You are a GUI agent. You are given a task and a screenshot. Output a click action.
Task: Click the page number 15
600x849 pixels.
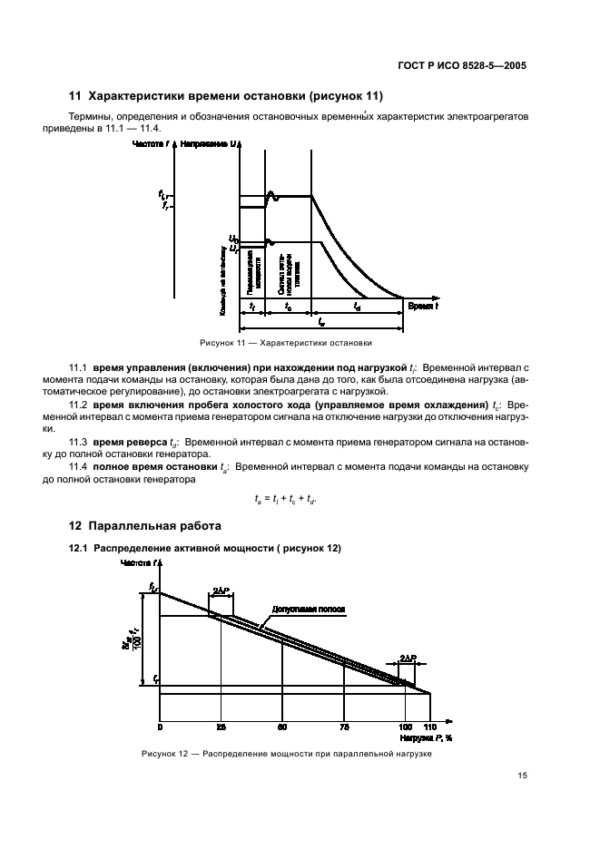pos(522,775)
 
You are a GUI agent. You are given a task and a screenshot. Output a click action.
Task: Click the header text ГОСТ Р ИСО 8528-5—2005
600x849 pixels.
pos(462,65)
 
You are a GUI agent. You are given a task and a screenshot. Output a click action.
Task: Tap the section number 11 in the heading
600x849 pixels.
pos(76,96)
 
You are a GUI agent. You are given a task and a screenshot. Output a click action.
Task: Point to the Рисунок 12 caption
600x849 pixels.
pos(287,754)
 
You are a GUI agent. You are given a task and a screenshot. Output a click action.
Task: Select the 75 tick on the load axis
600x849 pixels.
pos(343,727)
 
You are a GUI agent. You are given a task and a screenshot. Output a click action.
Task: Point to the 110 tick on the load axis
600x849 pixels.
pos(429,727)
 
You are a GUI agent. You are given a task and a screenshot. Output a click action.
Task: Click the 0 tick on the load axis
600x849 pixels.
pos(160,727)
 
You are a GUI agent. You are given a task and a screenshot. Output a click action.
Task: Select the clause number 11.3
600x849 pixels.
pos(79,442)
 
